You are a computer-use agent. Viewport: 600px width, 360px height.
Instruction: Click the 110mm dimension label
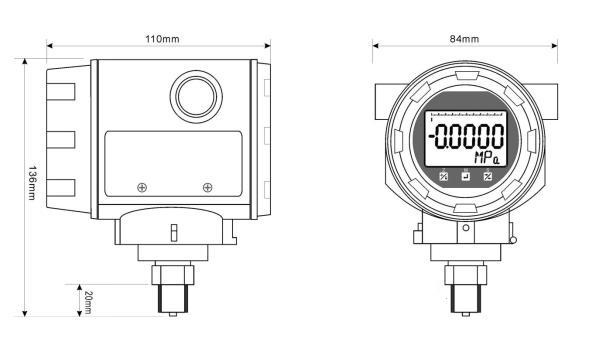(x=162, y=39)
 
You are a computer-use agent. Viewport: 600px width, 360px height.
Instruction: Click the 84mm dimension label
(x=464, y=39)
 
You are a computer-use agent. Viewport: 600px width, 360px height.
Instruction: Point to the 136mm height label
(x=32, y=183)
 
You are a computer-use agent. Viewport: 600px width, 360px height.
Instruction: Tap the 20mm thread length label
(x=88, y=302)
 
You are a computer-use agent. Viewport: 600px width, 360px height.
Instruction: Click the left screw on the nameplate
(x=142, y=187)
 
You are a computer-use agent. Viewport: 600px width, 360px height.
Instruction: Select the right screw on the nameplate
(x=207, y=187)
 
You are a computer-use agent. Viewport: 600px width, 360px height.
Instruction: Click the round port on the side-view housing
(x=196, y=97)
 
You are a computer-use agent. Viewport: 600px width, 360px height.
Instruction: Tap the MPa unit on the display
(x=487, y=158)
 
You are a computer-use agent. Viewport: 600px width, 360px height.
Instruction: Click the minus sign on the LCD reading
(x=432, y=137)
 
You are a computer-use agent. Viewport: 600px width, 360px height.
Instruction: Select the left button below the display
(x=443, y=176)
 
